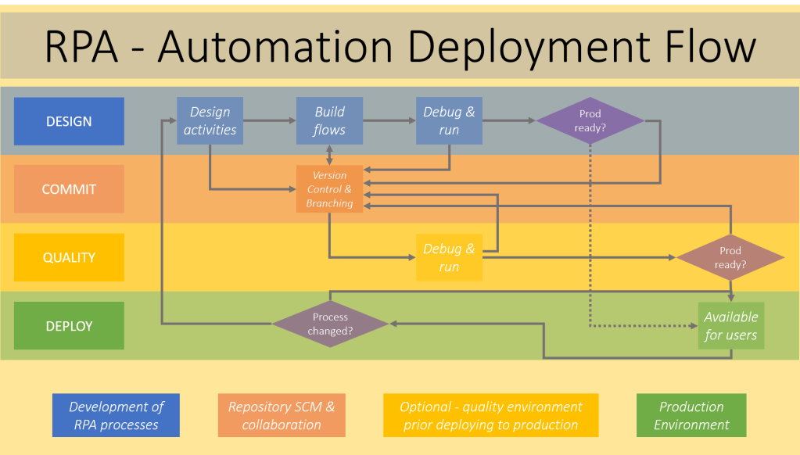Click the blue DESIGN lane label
[69, 121]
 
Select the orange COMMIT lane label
[69, 189]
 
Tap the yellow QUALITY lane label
[69, 257]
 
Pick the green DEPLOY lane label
[69, 325]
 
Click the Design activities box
[210, 120]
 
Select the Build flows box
[329, 120]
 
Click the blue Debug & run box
[449, 120]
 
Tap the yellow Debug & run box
[449, 257]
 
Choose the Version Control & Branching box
[329, 189]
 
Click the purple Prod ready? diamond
[590, 120]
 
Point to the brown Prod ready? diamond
[730, 257]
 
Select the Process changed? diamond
[330, 324]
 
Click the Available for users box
[730, 325]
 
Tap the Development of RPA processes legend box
[116, 415]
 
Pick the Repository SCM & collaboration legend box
[282, 415]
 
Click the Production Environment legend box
[691, 415]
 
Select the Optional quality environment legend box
[490, 415]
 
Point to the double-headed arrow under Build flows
[329, 154]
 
